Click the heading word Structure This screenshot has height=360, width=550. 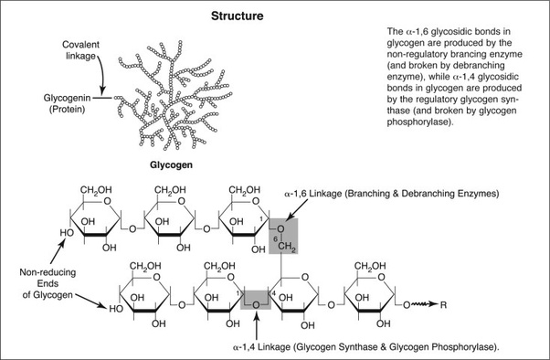point(238,16)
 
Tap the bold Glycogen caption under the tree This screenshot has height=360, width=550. point(171,164)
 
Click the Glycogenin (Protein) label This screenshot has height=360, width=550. point(67,103)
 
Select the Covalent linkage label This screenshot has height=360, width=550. point(80,50)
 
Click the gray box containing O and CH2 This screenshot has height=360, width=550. point(283,236)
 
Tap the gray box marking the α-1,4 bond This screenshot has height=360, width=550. point(256,300)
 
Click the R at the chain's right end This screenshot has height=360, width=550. point(443,305)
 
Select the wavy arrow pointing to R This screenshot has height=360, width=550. point(425,304)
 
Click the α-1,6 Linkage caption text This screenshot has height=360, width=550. point(391,194)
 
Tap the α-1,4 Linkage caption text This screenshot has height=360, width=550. point(365,347)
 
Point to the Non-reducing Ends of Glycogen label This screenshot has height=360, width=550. point(48,283)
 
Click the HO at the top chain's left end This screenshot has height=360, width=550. point(67,233)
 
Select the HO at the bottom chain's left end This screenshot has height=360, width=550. point(116,309)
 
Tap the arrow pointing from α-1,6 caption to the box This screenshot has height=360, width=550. point(297,210)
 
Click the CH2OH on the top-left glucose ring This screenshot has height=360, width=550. point(96,190)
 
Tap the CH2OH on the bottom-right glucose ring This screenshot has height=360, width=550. point(370,266)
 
